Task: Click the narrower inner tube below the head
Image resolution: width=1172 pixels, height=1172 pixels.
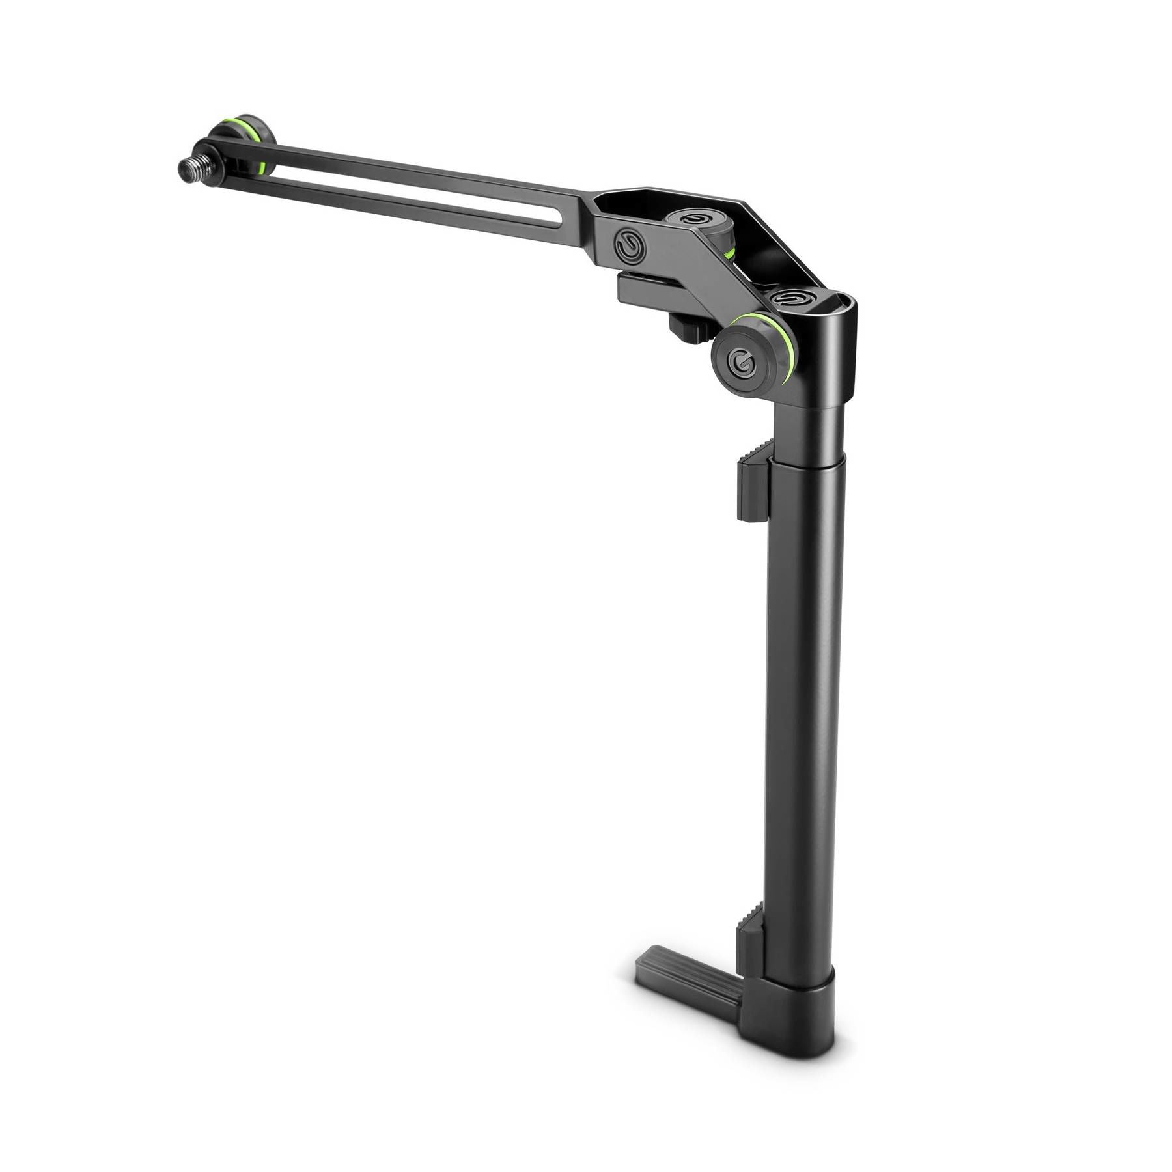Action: tap(811, 430)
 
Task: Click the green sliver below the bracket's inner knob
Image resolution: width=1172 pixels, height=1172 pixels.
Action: tap(729, 251)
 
